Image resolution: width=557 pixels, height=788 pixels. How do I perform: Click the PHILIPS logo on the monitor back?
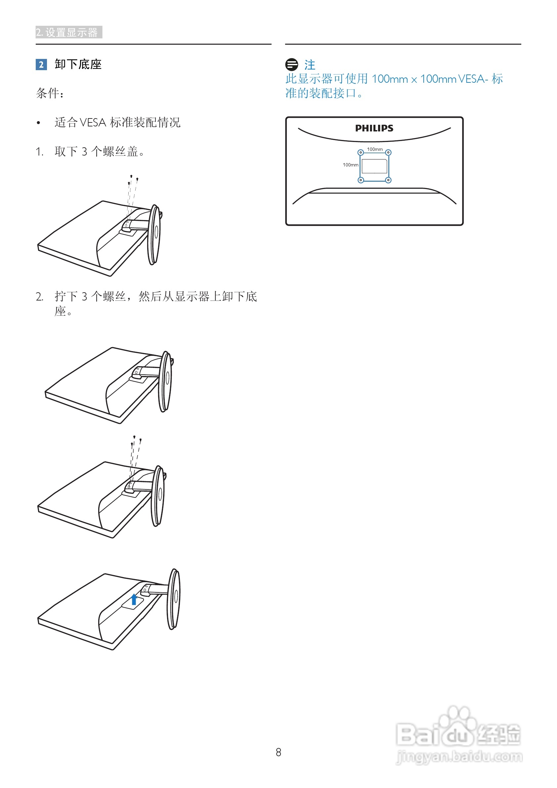coord(374,128)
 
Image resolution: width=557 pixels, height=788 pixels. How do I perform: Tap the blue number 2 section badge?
coord(41,65)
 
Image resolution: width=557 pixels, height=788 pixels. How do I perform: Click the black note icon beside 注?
coord(291,65)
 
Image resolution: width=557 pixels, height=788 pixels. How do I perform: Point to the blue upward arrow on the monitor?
coord(134,599)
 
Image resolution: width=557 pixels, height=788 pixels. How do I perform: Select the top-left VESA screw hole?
coord(361,152)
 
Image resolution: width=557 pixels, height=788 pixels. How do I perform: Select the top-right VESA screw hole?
coord(388,152)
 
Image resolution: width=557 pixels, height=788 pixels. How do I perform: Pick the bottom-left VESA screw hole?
coord(361,180)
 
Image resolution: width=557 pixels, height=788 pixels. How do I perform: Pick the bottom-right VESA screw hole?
coord(388,180)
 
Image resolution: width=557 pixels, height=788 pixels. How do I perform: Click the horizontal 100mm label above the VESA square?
coord(375,149)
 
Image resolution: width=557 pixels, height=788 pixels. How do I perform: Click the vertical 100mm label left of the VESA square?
coord(351,165)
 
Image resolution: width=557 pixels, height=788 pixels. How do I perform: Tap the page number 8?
coord(278,752)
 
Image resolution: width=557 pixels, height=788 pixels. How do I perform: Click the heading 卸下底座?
coord(78,65)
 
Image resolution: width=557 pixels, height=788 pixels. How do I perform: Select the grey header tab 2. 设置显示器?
coord(68,32)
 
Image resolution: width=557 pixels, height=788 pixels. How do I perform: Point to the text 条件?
coord(50,93)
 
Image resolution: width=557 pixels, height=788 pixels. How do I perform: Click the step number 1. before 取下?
coord(39,152)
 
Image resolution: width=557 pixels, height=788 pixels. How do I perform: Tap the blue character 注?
coord(310,65)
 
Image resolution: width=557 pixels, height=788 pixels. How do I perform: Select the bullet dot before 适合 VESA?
coord(38,123)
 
